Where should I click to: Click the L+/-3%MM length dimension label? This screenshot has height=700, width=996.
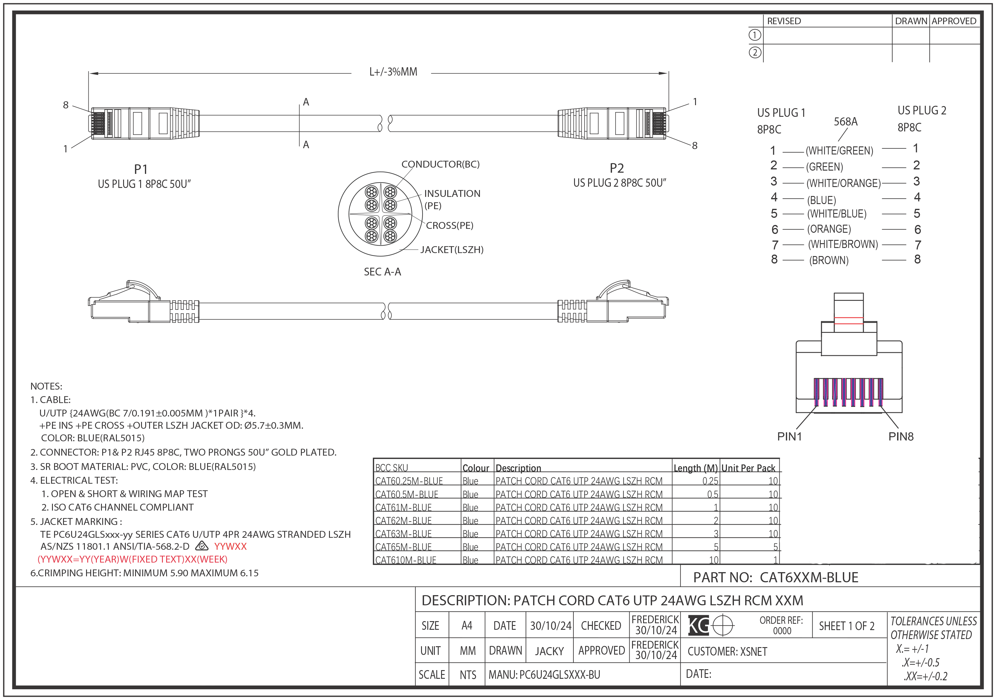[393, 72]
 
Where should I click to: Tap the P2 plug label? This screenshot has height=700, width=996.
[616, 168]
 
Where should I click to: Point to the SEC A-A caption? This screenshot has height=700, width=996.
[382, 272]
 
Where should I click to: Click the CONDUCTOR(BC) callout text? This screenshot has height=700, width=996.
[440, 164]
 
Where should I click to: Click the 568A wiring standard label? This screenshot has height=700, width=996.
[845, 122]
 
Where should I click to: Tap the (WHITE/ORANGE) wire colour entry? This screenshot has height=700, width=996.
[843, 183]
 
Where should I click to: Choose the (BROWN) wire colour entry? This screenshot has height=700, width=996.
[829, 261]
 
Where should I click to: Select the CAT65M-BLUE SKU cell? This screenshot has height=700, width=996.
[403, 547]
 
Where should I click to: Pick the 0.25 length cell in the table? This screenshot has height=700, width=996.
[710, 481]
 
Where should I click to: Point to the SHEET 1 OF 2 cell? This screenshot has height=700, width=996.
[846, 626]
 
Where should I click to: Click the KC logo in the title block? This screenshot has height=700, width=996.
[698, 625]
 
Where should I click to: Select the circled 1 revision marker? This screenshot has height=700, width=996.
[755, 35]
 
